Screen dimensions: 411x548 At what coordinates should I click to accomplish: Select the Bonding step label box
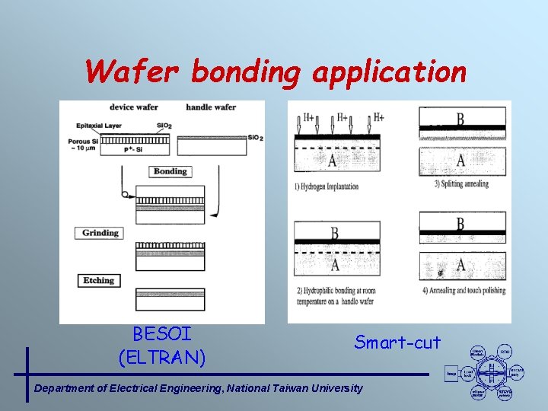pyautogui.click(x=170, y=171)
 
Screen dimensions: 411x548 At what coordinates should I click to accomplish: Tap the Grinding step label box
pyautogui.click(x=100, y=233)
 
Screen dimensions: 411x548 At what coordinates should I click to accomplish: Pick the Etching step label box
pyautogui.click(x=99, y=281)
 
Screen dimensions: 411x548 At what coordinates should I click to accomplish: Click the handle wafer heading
pyautogui.click(x=211, y=107)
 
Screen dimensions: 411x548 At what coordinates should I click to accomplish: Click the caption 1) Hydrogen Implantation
pyautogui.click(x=327, y=186)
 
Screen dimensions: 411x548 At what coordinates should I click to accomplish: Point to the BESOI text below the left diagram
pyautogui.click(x=161, y=334)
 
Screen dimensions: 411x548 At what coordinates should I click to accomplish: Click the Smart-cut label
pyautogui.click(x=397, y=342)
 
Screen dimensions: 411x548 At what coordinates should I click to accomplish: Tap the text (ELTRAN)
pyautogui.click(x=161, y=355)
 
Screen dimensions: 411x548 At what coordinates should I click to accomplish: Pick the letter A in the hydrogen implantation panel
pyautogui.click(x=333, y=159)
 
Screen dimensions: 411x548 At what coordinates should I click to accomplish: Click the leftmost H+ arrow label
pyautogui.click(x=308, y=117)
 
